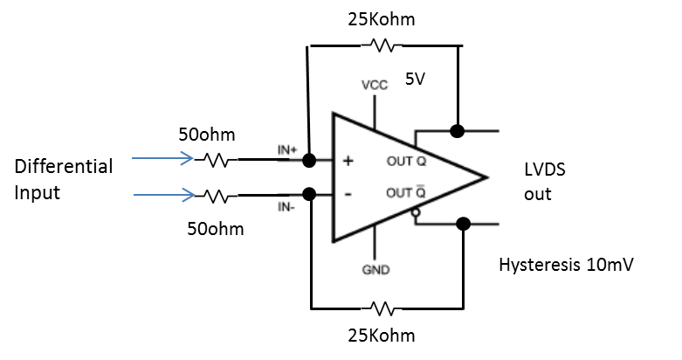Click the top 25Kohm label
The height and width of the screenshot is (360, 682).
click(382, 18)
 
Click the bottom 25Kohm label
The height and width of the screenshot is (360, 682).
click(382, 336)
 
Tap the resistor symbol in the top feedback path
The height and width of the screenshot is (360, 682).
click(382, 45)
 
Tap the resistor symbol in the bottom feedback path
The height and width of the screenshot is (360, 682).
click(382, 308)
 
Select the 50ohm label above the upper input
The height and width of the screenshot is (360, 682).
click(208, 136)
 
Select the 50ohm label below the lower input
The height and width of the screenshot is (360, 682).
click(215, 229)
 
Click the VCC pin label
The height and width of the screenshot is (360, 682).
click(375, 86)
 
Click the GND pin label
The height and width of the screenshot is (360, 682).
click(375, 270)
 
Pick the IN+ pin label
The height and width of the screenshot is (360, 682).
click(288, 150)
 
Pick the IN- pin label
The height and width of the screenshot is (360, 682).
click(287, 206)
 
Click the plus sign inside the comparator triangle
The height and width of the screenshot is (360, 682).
click(348, 162)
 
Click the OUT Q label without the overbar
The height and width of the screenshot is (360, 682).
click(405, 162)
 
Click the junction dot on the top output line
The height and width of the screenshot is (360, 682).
click(456, 131)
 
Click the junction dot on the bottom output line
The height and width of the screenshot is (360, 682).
click(464, 224)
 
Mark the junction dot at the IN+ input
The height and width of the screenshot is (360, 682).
click(308, 161)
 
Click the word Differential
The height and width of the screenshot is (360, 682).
click(64, 166)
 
